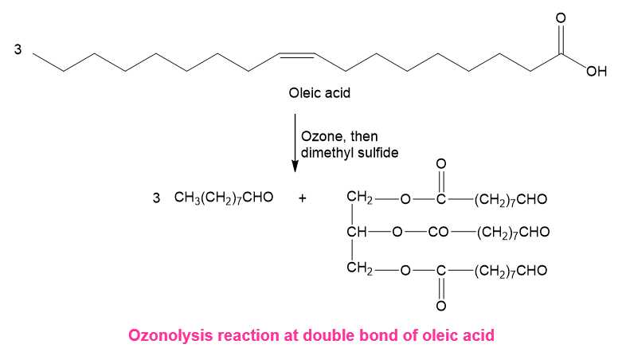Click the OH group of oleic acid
pyautogui.click(x=597, y=72)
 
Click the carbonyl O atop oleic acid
pyautogui.click(x=561, y=18)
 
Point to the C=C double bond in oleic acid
pyautogui.click(x=297, y=55)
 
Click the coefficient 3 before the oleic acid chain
pyautogui.click(x=18, y=49)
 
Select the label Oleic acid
pyautogui.click(x=319, y=93)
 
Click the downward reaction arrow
pyautogui.click(x=295, y=143)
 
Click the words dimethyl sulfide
pyautogui.click(x=350, y=153)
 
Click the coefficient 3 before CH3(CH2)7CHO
pyautogui.click(x=156, y=198)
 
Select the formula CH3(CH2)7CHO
pyautogui.click(x=224, y=198)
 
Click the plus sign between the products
pyautogui.click(x=303, y=198)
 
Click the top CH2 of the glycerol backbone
pyautogui.click(x=359, y=198)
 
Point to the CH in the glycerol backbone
pyautogui.click(x=357, y=232)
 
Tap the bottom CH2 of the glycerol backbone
pyautogui.click(x=359, y=268)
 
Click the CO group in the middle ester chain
pyautogui.click(x=438, y=232)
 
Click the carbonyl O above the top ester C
pyautogui.click(x=441, y=163)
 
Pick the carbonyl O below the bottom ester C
pyautogui.click(x=441, y=306)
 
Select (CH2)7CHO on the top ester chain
pyautogui.click(x=511, y=199)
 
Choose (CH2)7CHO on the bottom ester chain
pyautogui.click(x=511, y=271)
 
